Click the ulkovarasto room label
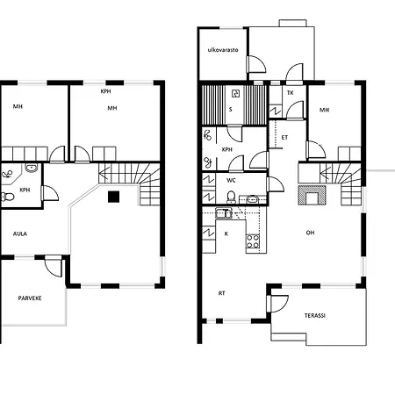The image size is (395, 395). click(223, 50)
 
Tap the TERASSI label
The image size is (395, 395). click(315, 315)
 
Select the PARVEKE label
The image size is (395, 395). click(30, 298)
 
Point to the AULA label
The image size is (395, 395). click(20, 233)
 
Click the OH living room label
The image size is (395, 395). click(310, 233)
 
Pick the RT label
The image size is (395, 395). click(222, 293)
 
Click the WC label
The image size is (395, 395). click(231, 180)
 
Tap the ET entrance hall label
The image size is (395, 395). click(284, 137)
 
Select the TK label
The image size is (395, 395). click(291, 93)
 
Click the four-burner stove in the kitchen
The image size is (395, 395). click(253, 241)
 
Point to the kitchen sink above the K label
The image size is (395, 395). click(224, 213)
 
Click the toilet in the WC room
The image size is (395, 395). click(231, 197)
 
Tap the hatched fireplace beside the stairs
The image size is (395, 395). click(312, 195)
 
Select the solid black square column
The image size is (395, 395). click(113, 197)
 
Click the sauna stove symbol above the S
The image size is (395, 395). click(235, 94)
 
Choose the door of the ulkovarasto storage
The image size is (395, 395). click(256, 64)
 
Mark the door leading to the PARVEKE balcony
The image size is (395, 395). click(54, 266)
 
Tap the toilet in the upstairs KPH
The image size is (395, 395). click(8, 197)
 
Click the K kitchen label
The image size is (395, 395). click(226, 233)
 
